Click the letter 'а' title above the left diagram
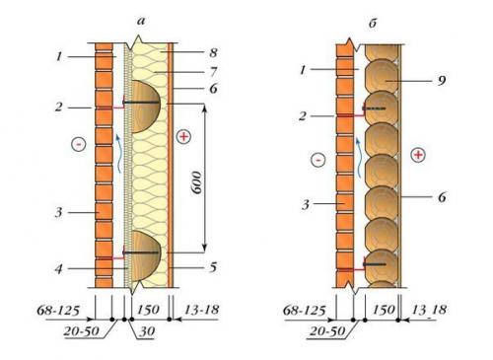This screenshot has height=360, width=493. [141, 22]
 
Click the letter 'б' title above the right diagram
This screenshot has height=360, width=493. [373, 24]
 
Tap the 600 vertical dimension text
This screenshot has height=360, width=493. [197, 182]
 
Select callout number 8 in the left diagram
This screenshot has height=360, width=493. [213, 52]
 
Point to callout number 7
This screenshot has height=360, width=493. [214, 72]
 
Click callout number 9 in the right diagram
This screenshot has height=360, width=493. [442, 80]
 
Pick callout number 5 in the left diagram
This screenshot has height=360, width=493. [213, 267]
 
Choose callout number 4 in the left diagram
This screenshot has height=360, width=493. [58, 269]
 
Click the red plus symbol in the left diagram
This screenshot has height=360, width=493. [183, 136]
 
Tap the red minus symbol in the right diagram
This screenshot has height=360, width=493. [318, 160]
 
